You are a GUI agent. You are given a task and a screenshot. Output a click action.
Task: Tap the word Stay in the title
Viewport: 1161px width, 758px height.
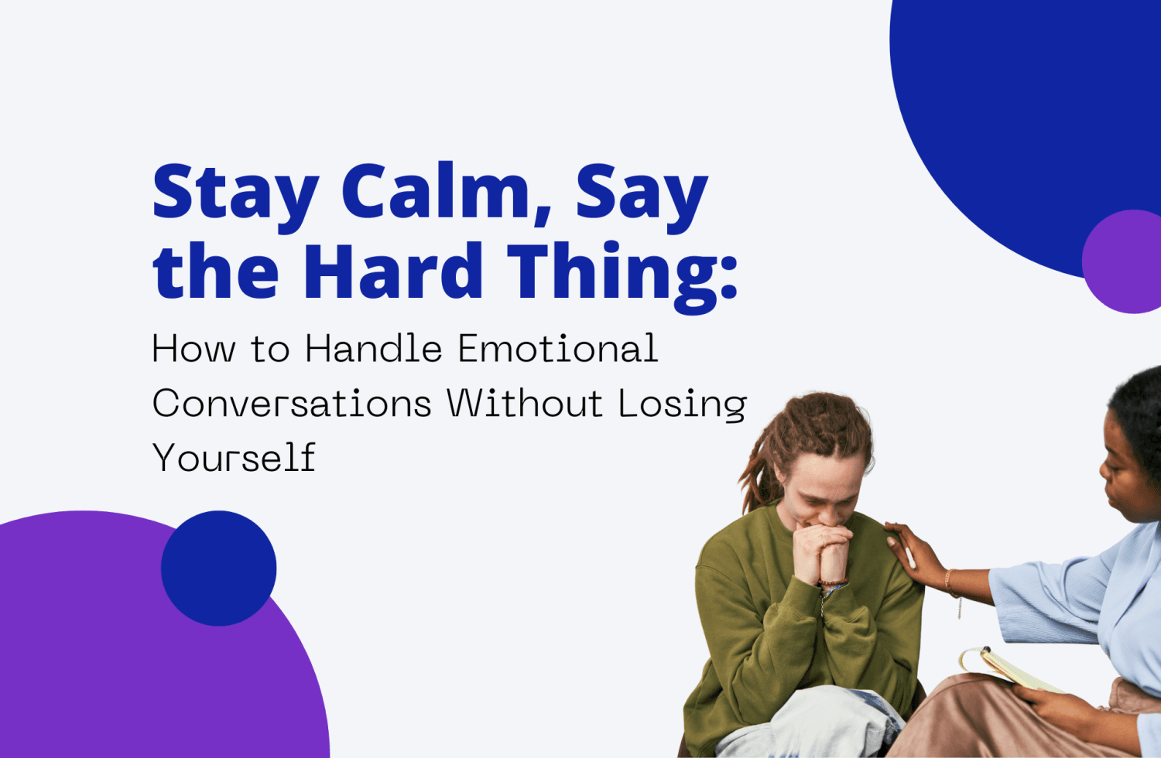pyautogui.click(x=235, y=193)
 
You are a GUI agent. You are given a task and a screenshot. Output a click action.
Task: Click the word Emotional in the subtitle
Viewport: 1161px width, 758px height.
pyautogui.click(x=557, y=349)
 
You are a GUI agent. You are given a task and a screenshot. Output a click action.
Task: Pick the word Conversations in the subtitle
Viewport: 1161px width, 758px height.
pyautogui.click(x=292, y=403)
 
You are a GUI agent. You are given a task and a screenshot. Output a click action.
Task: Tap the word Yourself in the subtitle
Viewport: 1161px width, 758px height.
pyautogui.click(x=234, y=457)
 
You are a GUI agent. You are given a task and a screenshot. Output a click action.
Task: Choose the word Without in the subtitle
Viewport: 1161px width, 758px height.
pyautogui.click(x=525, y=403)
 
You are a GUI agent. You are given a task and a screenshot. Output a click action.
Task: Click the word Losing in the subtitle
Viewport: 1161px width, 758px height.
pyautogui.click(x=682, y=405)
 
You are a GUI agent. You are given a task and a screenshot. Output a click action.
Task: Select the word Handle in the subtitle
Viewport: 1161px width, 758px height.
pyautogui.click(x=373, y=349)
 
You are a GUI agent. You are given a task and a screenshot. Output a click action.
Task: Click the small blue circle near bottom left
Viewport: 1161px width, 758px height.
pyautogui.click(x=218, y=568)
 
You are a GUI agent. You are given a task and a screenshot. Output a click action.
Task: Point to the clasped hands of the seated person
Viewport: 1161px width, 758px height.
pyautogui.click(x=822, y=552)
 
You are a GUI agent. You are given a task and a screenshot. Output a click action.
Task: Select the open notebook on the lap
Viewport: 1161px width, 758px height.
pyautogui.click(x=1006, y=670)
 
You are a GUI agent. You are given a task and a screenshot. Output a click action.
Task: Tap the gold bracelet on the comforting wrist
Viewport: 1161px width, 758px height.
pyautogui.click(x=949, y=582)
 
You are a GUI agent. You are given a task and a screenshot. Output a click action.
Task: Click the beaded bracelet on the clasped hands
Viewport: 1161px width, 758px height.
pyautogui.click(x=833, y=582)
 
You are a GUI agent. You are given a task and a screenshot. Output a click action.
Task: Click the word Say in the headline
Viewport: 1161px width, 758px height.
pyautogui.click(x=641, y=193)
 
